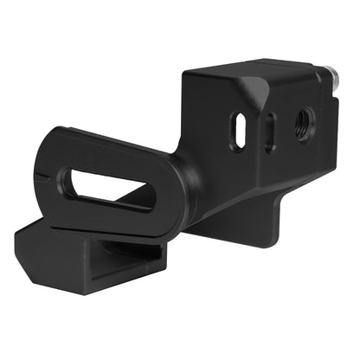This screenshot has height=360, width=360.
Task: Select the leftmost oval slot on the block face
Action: pyautogui.click(x=238, y=132)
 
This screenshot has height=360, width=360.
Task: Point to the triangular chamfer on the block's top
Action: pyautogui.click(x=253, y=88)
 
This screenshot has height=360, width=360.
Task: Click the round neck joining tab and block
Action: pyautogui.click(x=186, y=177)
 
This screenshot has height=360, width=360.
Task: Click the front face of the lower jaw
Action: pyautogui.click(x=61, y=264)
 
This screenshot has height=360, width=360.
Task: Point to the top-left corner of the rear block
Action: pyautogui.click(x=183, y=76)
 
